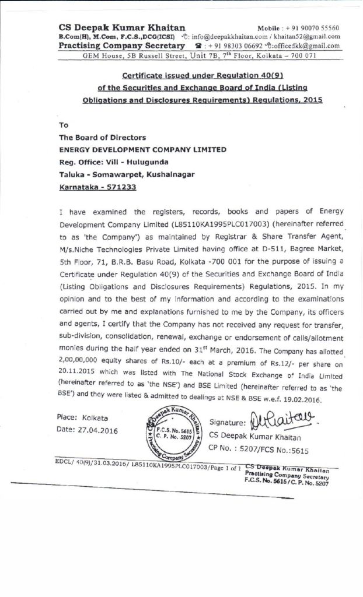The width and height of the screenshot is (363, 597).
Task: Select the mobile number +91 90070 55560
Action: click(312, 28)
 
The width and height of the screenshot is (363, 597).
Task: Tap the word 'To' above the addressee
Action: click(64, 125)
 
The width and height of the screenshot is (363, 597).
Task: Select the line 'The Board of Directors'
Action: click(103, 138)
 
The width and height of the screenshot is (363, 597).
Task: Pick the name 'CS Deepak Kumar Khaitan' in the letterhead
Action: click(122, 27)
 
